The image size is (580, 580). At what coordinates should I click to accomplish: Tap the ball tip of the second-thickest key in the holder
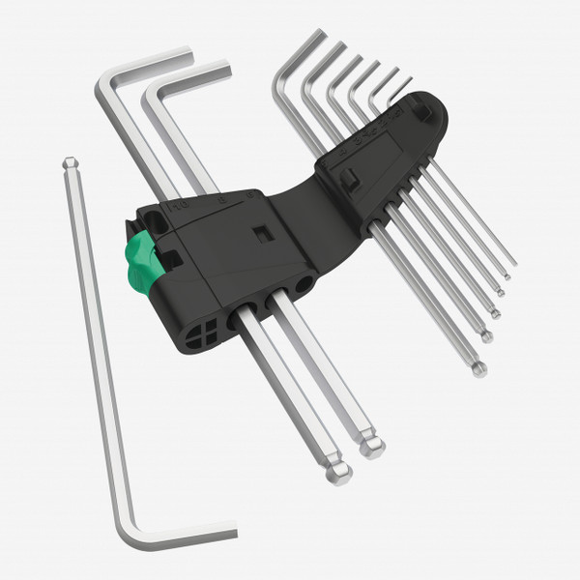click(370, 447)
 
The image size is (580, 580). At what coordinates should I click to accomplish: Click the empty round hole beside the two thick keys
click(304, 285)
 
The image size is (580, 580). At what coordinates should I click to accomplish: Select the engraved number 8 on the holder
click(219, 199)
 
